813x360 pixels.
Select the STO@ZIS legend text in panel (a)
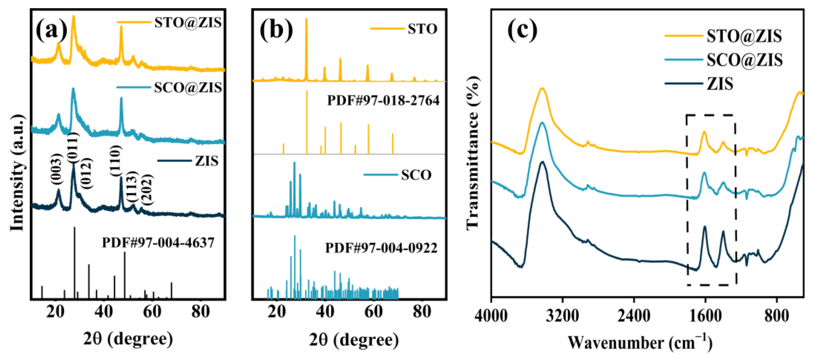[188, 22]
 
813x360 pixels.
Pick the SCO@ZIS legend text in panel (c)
[744, 60]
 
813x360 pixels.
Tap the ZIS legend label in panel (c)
[720, 84]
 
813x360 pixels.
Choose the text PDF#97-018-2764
[383, 101]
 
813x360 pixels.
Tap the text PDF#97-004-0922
[381, 248]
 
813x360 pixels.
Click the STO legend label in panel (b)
[422, 29]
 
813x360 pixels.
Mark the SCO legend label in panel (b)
[416, 175]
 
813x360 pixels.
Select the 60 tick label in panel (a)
[152, 312]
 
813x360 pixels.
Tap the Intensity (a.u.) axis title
[17, 173]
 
